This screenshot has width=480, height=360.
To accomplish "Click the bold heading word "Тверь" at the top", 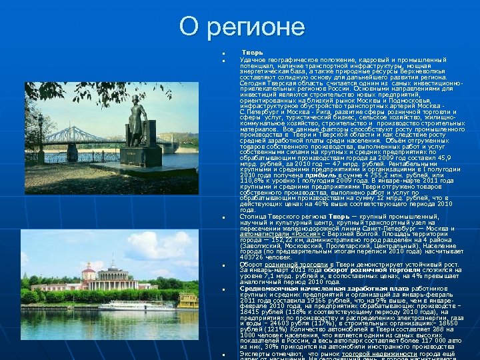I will click(x=252, y=52).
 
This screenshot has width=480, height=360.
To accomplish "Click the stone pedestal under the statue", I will click(x=142, y=156).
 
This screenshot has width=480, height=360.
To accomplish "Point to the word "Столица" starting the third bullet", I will click(x=253, y=217).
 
